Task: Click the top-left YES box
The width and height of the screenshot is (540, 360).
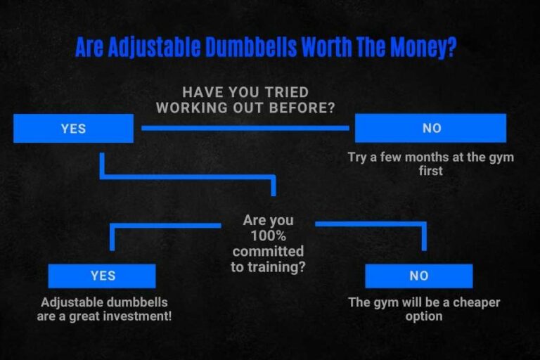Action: pos(73,129)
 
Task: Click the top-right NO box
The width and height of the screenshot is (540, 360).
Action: pos(430,128)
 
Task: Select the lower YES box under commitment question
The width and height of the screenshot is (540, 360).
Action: pos(102,276)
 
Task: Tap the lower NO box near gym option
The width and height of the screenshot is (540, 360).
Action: pos(418,276)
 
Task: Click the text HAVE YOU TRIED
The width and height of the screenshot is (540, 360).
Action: pos(245,92)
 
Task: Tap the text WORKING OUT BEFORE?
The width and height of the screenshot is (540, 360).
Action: pos(245,108)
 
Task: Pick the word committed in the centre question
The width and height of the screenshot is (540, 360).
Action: pos(268,252)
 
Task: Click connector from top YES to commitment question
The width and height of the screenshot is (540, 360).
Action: pos(186,175)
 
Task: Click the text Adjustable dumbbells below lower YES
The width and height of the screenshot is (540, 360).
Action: pos(104,302)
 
